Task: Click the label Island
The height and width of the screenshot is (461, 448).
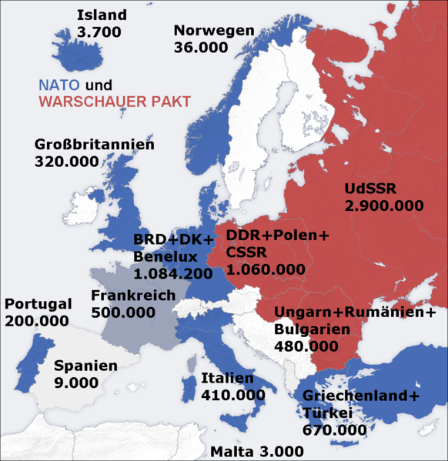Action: pos(102,15)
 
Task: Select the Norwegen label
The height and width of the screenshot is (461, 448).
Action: pos(214,31)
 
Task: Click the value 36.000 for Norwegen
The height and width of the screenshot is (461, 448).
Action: pos(201,48)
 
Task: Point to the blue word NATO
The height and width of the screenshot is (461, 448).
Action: pos(59,85)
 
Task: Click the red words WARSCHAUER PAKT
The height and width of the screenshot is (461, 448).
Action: pos(114,102)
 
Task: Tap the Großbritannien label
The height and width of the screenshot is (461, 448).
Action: pos(95,145)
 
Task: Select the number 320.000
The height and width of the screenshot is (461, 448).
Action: pos(67,162)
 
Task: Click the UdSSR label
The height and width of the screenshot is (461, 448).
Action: pos(373,189)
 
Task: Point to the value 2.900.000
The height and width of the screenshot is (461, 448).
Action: pos(384,205)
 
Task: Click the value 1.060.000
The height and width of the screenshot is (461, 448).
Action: pos(266,269)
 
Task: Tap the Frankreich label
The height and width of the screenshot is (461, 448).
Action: pos(133,296)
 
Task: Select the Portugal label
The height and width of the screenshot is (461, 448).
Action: pos(38,303)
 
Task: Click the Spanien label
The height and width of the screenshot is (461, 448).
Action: pos(85,366)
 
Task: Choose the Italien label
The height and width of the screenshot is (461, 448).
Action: pos(227,378)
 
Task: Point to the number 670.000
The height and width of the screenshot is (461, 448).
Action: pos(335,429)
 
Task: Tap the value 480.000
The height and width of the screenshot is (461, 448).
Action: pos(306,346)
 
